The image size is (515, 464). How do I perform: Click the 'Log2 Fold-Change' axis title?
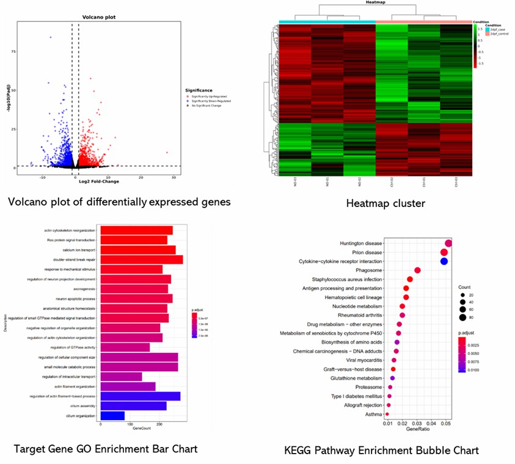(100, 181)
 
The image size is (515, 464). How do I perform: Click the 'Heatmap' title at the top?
(375, 3)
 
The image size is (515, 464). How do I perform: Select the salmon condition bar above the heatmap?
(423, 22)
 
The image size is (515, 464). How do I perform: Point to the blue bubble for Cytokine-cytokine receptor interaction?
(444, 261)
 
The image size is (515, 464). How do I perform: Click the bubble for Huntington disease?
(449, 244)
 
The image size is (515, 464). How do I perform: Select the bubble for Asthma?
(387, 414)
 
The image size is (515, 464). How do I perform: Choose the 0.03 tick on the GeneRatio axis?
(417, 422)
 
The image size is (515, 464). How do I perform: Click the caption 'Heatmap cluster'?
(386, 203)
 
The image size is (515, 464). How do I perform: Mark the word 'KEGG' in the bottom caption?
(299, 451)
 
